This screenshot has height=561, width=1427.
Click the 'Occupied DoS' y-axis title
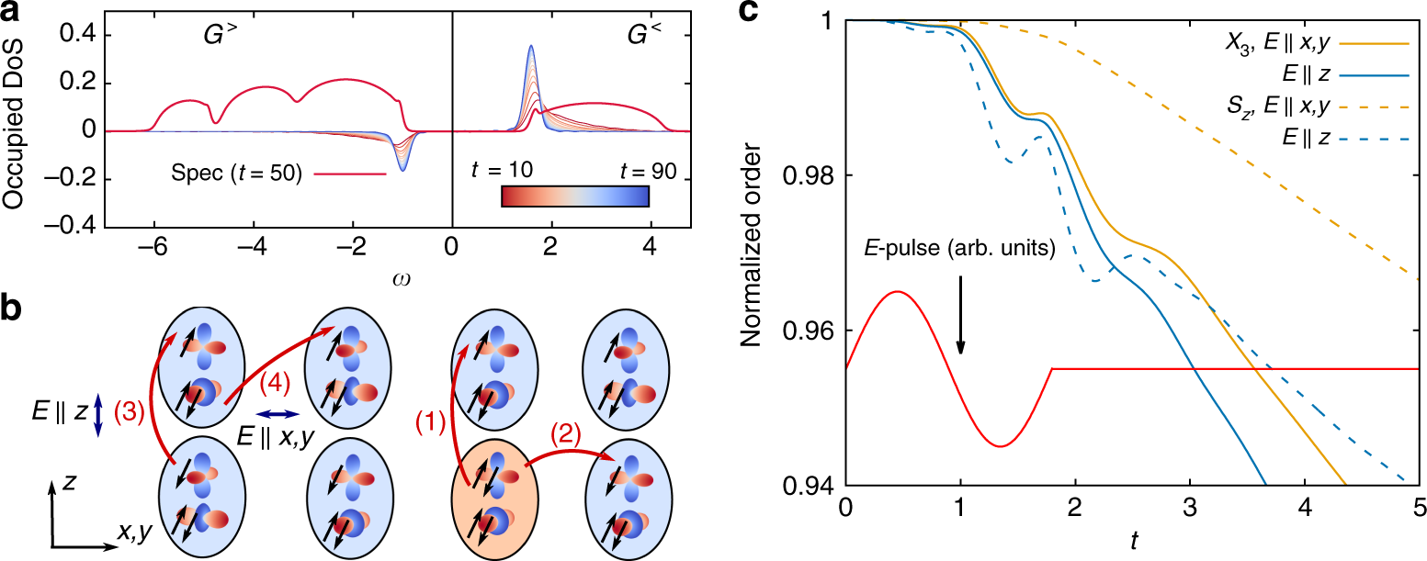(16, 130)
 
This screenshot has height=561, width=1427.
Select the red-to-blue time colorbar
(575, 196)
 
